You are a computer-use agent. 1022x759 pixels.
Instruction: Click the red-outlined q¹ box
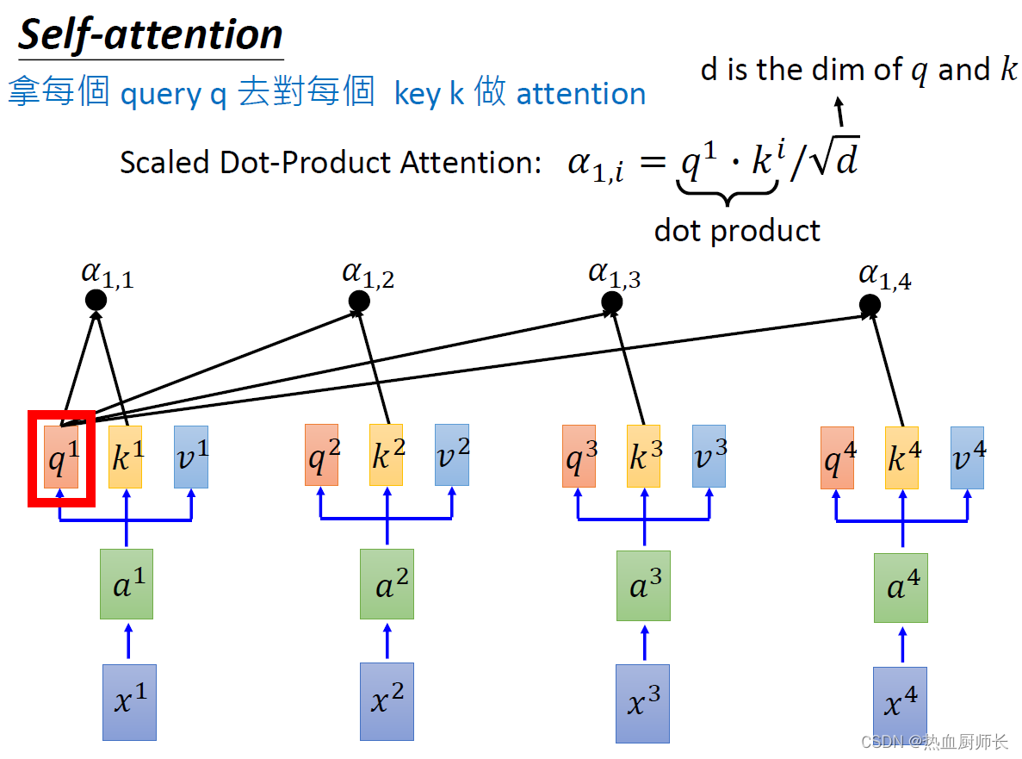coord(61,457)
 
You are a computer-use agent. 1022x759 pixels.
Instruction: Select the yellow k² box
coord(386,455)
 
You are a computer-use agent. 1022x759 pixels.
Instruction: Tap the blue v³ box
coord(709,455)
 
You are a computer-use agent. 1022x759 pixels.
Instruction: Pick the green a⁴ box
coord(901,588)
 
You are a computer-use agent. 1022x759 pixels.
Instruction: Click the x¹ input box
coord(129,701)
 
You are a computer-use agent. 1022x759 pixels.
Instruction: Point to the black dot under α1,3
coord(612,302)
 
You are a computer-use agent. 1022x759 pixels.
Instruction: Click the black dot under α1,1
coord(96,300)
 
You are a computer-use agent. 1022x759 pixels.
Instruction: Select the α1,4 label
coord(884,276)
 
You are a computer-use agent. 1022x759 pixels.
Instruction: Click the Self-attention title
coord(151,35)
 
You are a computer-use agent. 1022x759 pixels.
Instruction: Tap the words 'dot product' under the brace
coord(737,230)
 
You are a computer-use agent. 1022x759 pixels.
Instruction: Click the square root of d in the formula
coord(834,160)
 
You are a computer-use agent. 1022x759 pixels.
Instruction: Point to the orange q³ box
coord(579,455)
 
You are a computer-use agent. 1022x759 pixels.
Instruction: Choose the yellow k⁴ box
coord(901,457)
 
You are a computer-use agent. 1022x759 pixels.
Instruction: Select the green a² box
coord(387,585)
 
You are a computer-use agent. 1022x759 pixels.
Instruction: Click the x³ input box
coord(642,702)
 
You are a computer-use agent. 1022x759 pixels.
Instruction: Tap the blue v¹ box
coord(191,457)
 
